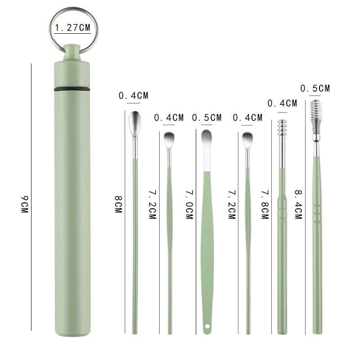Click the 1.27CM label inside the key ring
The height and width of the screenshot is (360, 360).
pyautogui.click(x=72, y=27)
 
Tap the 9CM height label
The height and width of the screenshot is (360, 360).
pyautogui.click(x=24, y=204)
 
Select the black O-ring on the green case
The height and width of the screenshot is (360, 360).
pyautogui.click(x=72, y=89)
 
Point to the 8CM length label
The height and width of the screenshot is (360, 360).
pyautogui.click(x=118, y=204)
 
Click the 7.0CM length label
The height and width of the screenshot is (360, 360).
pyautogui.click(x=189, y=205)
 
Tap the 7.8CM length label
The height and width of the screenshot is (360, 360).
pyautogui.click(x=265, y=205)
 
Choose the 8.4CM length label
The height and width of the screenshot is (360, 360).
pyautogui.click(x=298, y=205)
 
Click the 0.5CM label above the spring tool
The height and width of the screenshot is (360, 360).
pyautogui.click(x=315, y=88)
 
